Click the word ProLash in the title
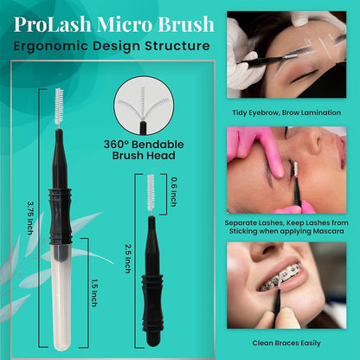coord(50,18)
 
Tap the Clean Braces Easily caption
coord(291,341)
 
